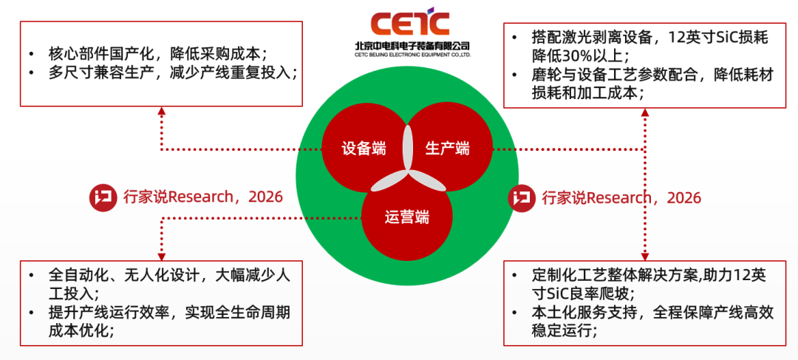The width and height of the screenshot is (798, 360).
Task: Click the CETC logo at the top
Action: (410, 21)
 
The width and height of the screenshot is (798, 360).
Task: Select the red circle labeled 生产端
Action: (449, 148)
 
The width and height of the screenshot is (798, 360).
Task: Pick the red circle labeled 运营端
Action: (406, 217)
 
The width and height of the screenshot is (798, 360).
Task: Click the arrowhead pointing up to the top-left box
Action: (161, 111)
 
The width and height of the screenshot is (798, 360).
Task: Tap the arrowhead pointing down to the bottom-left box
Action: (161, 256)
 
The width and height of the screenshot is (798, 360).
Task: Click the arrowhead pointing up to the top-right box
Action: (645, 112)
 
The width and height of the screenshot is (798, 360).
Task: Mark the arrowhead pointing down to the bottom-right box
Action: (645, 256)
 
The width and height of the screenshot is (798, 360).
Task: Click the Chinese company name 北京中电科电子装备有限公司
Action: (412, 45)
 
